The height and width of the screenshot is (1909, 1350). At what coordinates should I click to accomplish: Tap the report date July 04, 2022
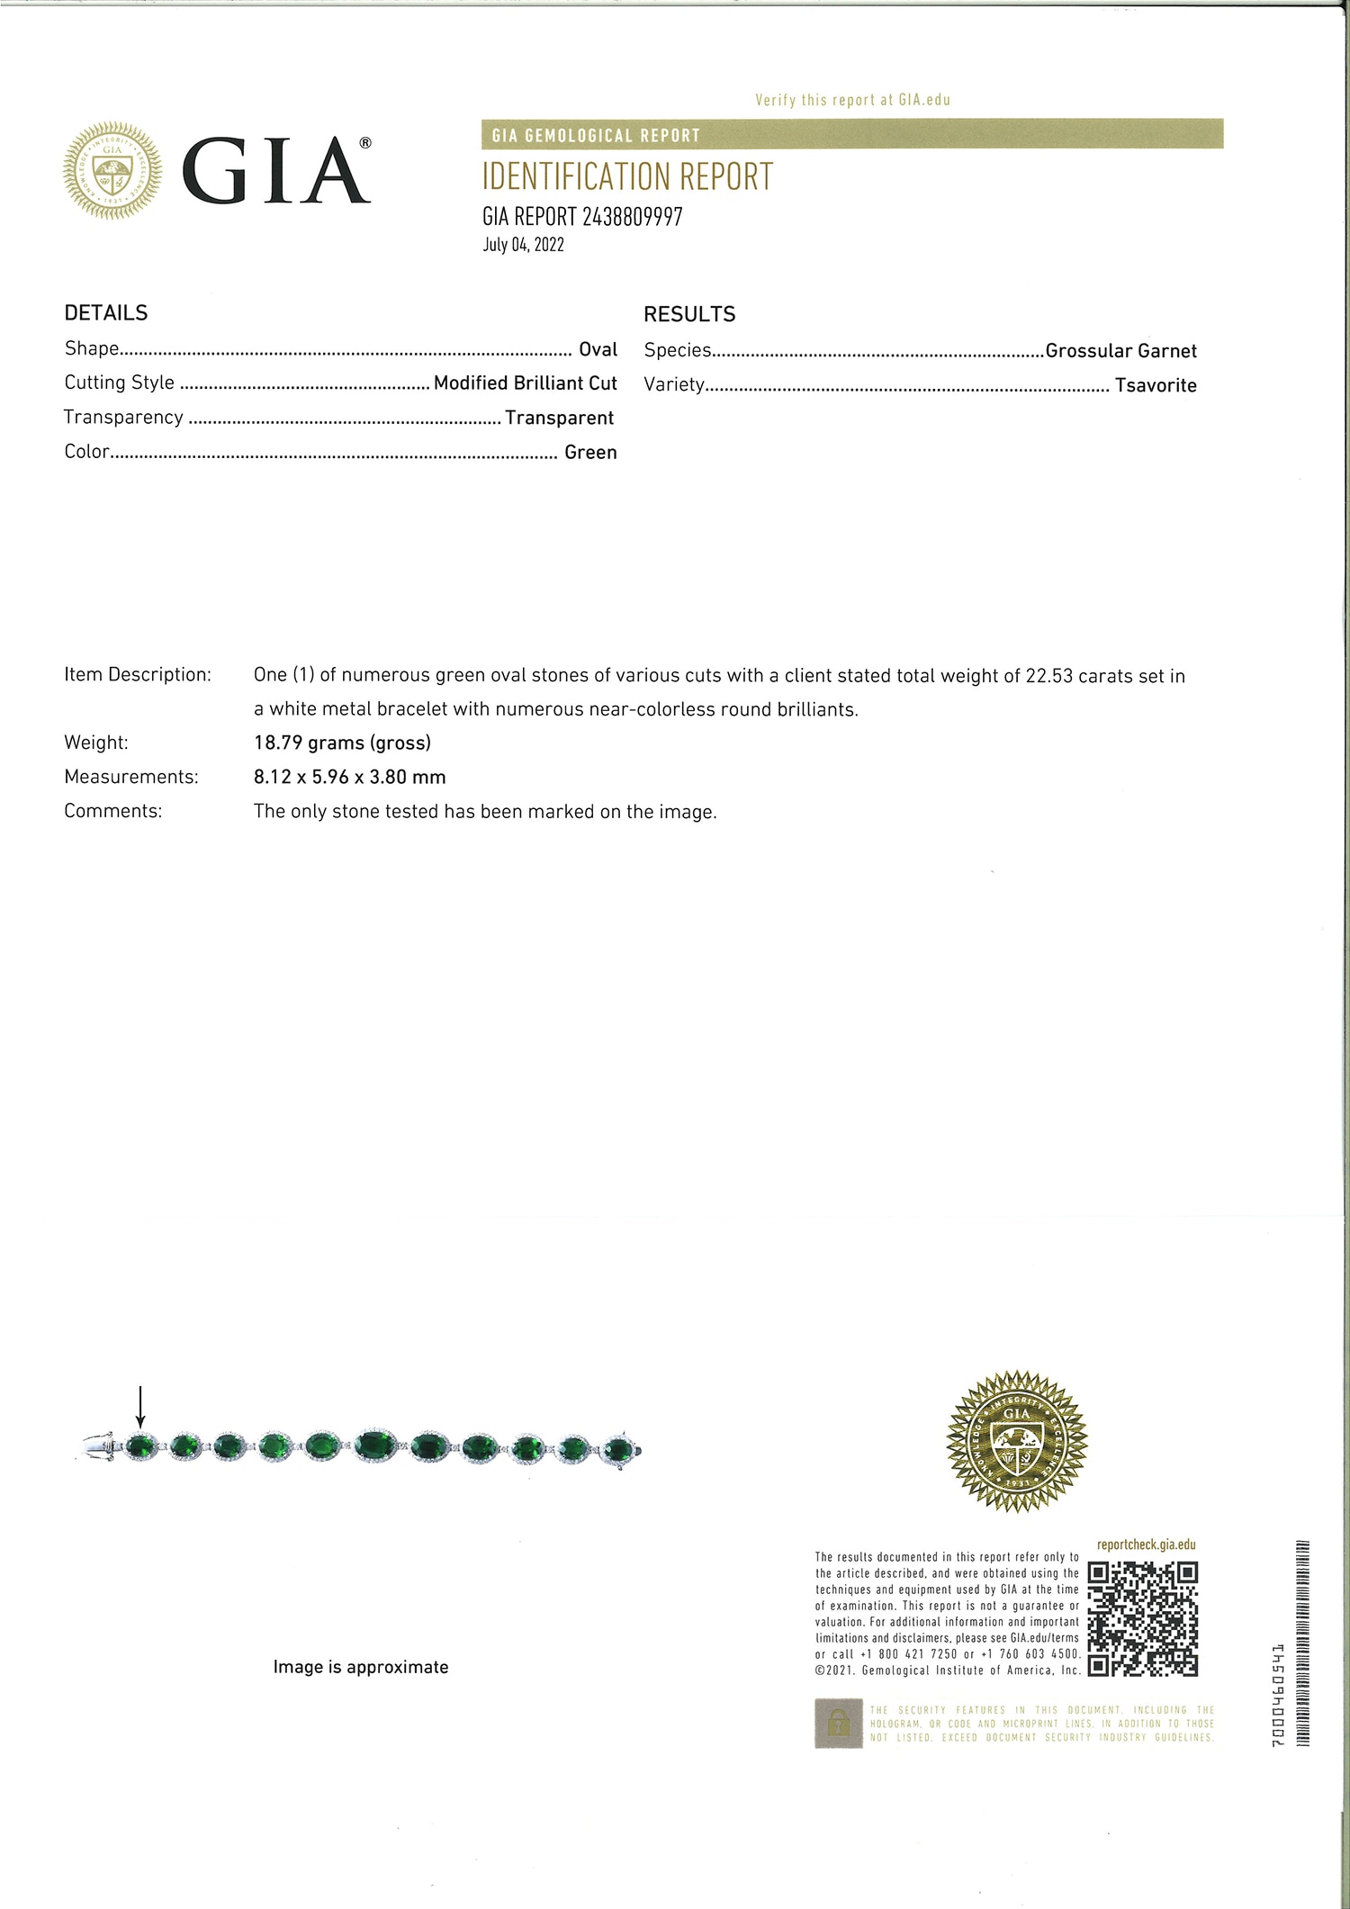523,245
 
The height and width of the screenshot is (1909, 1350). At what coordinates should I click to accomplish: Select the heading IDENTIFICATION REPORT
627,177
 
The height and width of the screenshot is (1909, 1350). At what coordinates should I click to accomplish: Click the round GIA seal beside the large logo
112,170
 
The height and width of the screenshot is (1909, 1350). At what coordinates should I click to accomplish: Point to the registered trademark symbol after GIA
364,143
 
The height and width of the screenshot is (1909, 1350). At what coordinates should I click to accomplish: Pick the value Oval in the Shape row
598,349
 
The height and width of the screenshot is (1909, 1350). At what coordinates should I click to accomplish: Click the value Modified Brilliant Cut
525,383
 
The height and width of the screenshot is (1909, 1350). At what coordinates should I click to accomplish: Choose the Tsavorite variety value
1156,385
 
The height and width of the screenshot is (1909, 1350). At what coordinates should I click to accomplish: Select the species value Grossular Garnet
1120,351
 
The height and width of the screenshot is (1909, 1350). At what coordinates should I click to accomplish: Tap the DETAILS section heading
106,313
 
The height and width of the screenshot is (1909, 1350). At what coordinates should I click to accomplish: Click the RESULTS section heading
689,314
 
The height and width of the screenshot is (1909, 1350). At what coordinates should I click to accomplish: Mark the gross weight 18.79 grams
342,743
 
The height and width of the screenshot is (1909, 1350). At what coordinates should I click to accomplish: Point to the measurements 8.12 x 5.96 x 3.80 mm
349,777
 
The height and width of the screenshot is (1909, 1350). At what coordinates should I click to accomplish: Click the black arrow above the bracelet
140,1406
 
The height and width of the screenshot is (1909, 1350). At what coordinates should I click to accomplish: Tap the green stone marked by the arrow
139,1447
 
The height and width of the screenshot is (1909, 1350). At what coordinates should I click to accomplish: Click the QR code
1142,1619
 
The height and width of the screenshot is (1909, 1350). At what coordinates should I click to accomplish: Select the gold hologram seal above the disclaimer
1017,1441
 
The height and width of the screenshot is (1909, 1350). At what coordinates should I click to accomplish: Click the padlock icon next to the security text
838,1723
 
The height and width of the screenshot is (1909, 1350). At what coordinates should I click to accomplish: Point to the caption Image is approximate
361,1667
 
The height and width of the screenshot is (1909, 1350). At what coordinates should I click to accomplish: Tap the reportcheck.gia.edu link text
1146,1544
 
